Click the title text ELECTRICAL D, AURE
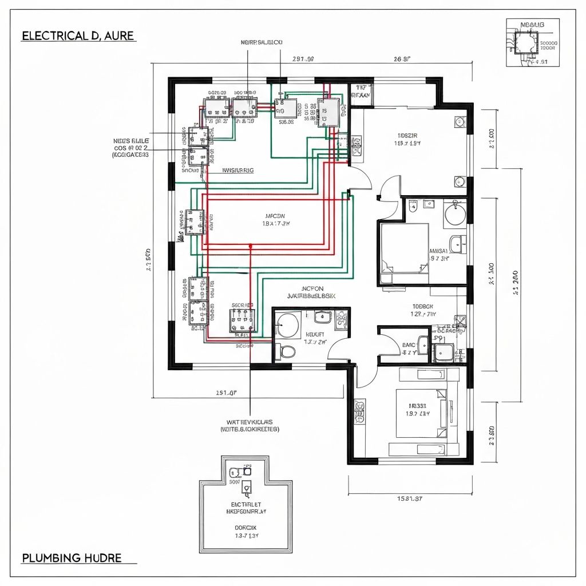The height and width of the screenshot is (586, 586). [78, 35]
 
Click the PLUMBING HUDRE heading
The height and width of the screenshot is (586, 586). [72, 557]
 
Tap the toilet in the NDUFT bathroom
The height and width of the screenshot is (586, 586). [288, 351]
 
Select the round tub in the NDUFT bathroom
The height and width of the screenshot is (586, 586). [288, 325]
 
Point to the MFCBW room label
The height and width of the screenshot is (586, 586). [275, 216]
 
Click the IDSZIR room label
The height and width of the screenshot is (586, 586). [407, 136]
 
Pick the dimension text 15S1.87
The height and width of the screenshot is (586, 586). [410, 498]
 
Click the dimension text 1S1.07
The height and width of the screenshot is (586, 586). [226, 393]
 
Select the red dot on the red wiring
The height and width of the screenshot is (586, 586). [250, 246]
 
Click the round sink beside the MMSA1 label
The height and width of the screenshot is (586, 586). [456, 214]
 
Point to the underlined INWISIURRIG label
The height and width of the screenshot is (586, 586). [237, 170]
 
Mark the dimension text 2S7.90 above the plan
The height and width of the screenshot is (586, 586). [303, 58]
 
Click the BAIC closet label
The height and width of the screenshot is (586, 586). [408, 345]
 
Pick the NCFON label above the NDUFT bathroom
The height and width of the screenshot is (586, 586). [312, 288]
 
